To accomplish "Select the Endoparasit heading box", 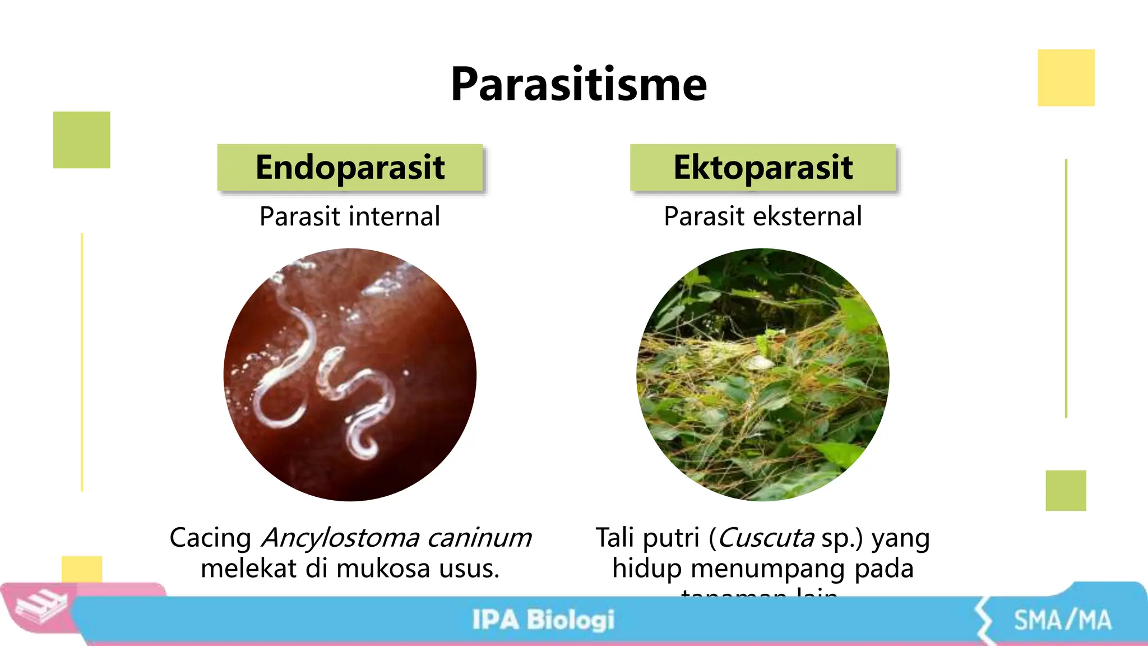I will (x=350, y=167).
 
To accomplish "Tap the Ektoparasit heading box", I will (x=763, y=167).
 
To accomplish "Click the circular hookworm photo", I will (x=350, y=375).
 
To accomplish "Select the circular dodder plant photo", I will (x=763, y=375).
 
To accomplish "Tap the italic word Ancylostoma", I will (x=341, y=538).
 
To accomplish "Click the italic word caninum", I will (x=479, y=538).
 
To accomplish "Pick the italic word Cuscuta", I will (x=766, y=538).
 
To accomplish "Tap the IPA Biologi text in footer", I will (x=543, y=620).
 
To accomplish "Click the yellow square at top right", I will (x=1066, y=77).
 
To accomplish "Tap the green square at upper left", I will (x=82, y=140).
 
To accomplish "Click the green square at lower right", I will (x=1066, y=490).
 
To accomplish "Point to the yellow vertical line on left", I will (x=82, y=362).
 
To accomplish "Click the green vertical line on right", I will (x=1066, y=288).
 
